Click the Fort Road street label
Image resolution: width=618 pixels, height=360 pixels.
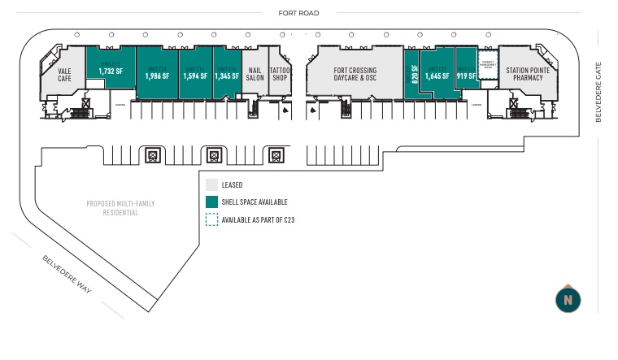(298, 13)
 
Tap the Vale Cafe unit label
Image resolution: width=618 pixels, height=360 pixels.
(64, 75)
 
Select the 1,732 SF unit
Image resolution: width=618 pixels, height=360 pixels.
(110, 71)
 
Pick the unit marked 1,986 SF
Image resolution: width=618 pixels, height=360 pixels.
(157, 76)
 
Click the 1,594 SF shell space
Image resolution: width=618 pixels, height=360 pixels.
(195, 76)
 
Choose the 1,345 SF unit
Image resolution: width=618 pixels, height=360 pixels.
(227, 76)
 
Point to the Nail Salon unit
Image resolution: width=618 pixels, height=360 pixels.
(255, 75)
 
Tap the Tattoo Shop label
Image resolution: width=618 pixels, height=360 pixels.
(280, 75)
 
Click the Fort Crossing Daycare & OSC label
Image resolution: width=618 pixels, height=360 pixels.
(355, 75)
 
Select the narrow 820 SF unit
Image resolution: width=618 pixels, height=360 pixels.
(414, 74)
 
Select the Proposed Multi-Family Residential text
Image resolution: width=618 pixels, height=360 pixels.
(120, 208)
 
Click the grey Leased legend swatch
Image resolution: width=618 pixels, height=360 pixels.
(211, 185)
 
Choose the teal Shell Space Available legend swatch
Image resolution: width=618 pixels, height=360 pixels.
(211, 202)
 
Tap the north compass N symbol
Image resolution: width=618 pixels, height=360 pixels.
(568, 300)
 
